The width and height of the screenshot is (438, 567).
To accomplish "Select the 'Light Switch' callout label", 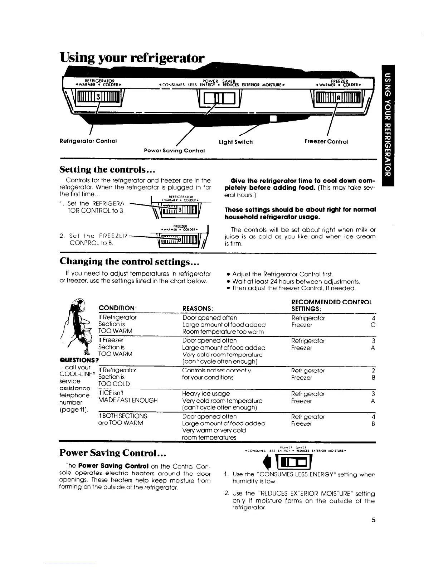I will tap(235, 142).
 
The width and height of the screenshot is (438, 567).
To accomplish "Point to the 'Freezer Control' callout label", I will tap(326, 141).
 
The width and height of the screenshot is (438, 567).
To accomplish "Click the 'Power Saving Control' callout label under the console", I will tap(174, 150).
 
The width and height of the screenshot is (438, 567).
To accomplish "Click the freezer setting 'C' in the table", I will tap(373, 325).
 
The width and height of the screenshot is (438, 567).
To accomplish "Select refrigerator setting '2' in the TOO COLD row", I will tap(373, 370).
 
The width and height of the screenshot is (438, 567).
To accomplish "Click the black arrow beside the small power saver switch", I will tap(265, 463).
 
